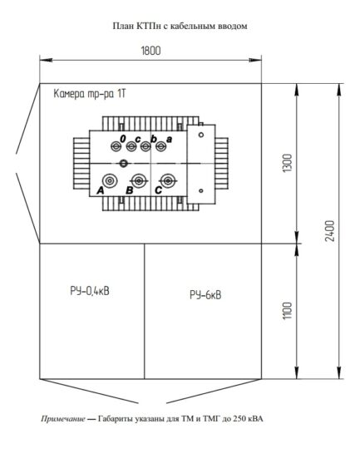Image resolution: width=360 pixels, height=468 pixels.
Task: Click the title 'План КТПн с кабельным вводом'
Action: pos(180,26)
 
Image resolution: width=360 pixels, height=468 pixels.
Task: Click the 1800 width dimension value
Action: pos(150,51)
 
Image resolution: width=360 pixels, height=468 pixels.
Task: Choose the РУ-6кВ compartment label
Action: pos(205,294)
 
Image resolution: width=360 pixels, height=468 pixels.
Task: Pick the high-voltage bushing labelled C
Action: pos(169,180)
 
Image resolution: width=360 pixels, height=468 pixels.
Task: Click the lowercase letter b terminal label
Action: pos(154,138)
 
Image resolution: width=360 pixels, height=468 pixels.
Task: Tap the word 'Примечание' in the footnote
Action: pos(62,419)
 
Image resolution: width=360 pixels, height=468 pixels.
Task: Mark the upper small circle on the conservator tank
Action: pos(200,134)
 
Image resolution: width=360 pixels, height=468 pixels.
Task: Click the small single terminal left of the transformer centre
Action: pos(123,163)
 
